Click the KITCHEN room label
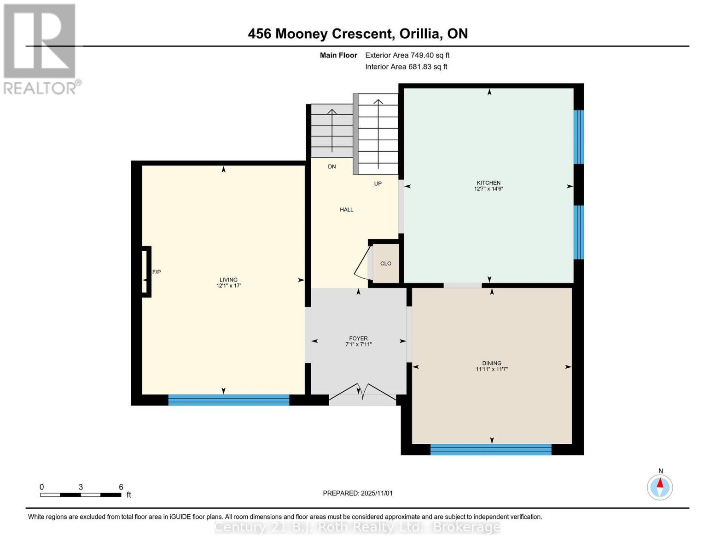coord(488,182)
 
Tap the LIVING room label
coord(228,280)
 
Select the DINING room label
coord(492,363)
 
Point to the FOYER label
coord(358,338)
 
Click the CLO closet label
coord(386,264)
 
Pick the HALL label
coord(347,210)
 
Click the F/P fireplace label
coord(156,272)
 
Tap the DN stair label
coord(331,167)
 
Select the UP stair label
coord(378,183)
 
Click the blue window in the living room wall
coord(229,400)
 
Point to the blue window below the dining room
coord(491,450)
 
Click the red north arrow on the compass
coord(660,483)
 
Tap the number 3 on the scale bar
coord(81,487)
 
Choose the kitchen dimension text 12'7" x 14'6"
coord(488,189)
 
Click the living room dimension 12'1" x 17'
coord(228,286)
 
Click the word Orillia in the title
coord(421,34)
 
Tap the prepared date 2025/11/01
coord(377,493)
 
